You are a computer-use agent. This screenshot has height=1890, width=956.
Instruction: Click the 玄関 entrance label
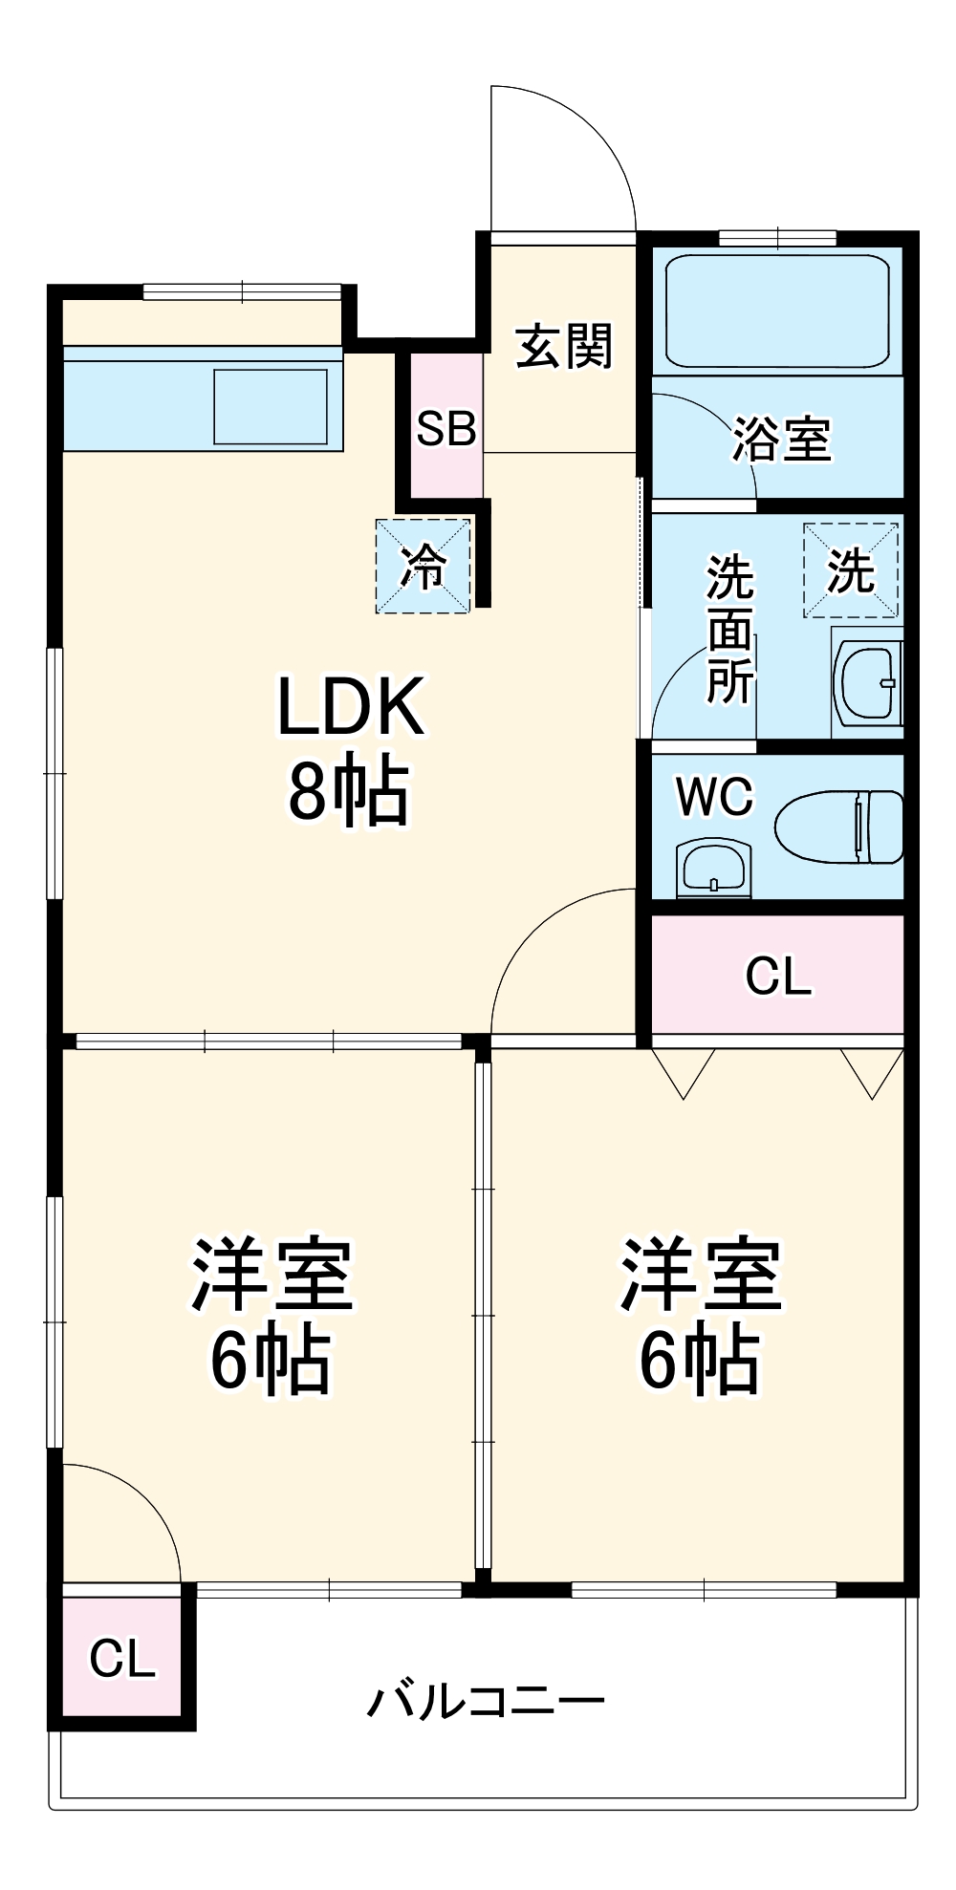click(563, 346)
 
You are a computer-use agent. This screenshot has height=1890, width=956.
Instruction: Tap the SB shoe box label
click(445, 429)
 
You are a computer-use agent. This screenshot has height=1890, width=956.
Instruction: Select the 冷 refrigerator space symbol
click(423, 567)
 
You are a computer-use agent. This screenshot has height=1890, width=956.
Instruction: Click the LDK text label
click(350, 708)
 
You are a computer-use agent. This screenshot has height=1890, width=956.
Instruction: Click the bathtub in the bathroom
click(776, 311)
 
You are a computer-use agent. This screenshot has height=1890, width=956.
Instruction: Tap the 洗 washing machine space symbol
click(851, 570)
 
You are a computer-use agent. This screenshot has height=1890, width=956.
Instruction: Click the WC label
click(714, 796)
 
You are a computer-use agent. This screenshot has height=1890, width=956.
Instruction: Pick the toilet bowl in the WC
click(839, 827)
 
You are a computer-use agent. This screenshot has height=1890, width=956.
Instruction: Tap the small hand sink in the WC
click(712, 868)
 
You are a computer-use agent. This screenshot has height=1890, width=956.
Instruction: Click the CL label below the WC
click(778, 977)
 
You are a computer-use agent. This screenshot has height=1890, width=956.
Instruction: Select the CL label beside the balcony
click(121, 1659)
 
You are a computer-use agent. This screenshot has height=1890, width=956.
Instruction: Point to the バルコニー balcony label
click(487, 1702)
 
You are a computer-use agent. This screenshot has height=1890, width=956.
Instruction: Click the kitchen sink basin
click(271, 406)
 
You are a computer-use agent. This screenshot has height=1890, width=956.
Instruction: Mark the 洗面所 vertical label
click(730, 631)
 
